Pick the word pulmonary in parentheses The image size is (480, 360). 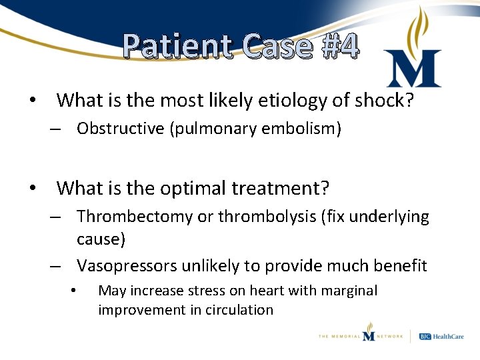210,129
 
